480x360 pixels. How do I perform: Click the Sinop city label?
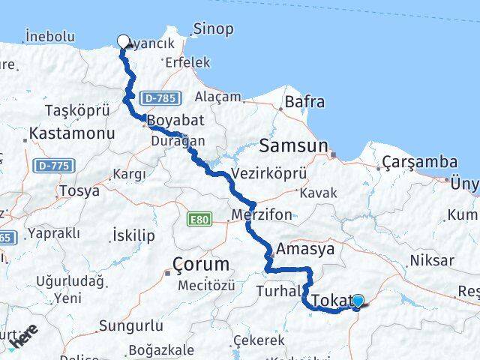(213, 29)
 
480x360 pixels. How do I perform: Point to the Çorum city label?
(200, 265)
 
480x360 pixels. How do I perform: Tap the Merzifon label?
(262, 214)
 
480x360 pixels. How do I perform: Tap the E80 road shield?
(199, 219)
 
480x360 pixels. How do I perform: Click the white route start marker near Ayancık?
(123, 41)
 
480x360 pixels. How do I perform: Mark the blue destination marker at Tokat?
(358, 301)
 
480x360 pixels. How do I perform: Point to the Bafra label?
(305, 102)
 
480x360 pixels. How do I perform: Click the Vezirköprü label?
(269, 173)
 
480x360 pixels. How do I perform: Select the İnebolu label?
(49, 35)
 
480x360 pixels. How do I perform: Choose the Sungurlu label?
(130, 326)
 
